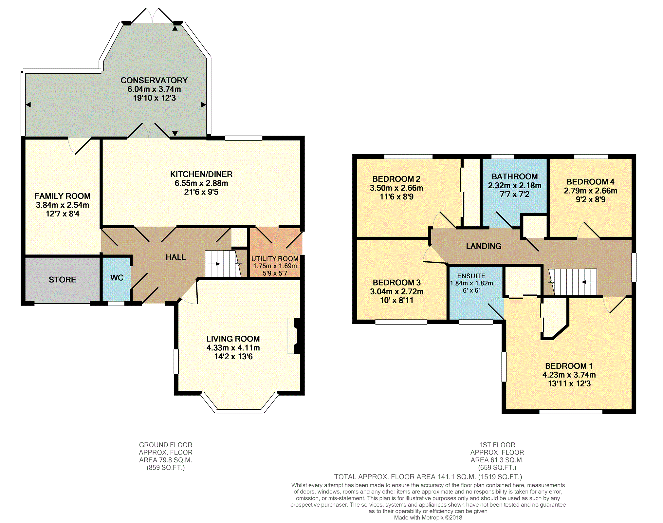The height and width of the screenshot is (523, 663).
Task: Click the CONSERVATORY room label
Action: tap(154, 80)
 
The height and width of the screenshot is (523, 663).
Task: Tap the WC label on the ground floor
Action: tap(117, 278)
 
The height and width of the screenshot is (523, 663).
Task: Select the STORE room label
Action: tap(62, 280)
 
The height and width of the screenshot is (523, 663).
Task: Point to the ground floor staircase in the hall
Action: tap(223, 264)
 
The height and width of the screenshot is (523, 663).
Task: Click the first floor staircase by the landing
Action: tap(573, 282)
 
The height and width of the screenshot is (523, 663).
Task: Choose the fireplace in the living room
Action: tap(294, 336)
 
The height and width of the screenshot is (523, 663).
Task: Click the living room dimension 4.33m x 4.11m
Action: tap(233, 348)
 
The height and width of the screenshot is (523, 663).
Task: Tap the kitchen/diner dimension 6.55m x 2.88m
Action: tap(201, 183)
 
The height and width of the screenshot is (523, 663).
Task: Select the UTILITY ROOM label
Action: tap(275, 259)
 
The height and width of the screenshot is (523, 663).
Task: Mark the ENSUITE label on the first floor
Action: tap(471, 276)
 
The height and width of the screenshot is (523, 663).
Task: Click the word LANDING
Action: tap(484, 246)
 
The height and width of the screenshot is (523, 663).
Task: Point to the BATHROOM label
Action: tap(515, 177)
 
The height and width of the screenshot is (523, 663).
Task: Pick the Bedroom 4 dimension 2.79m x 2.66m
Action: tap(590, 191)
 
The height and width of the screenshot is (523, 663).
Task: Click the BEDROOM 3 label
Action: tap(396, 283)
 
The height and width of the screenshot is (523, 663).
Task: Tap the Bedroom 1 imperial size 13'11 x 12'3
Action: tap(569, 384)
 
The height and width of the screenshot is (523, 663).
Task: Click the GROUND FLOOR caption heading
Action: tap(166, 445)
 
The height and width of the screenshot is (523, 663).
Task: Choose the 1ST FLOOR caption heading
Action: tap(497, 445)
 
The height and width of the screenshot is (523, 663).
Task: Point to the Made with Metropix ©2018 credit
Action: tap(428, 518)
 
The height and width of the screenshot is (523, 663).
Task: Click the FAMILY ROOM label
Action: tap(63, 196)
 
